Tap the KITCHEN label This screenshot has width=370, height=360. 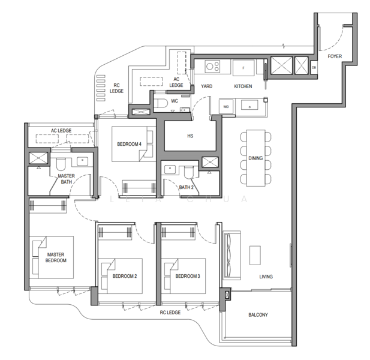coord(243,86)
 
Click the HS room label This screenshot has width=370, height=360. coord(190,136)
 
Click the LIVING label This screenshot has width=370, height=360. coord(266,277)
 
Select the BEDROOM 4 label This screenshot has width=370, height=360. coord(130,144)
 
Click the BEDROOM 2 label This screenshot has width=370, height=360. coord(125,277)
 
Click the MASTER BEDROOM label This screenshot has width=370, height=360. coord(56,257)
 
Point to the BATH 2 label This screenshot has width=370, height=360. coord(185,187)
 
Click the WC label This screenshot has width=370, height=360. coord(175,101)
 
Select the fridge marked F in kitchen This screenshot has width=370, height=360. coord(243,67)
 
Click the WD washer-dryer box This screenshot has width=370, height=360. coord(227,106)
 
